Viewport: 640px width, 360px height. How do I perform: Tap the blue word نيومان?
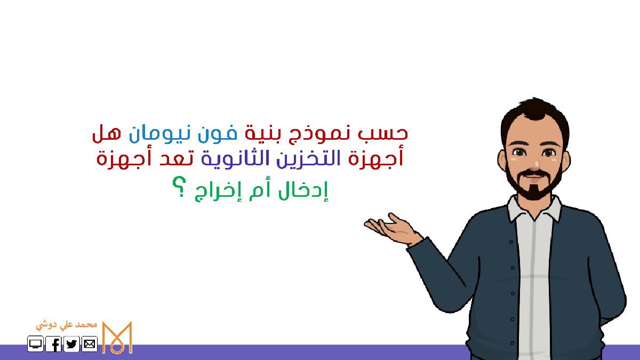pyautogui.click(x=159, y=134)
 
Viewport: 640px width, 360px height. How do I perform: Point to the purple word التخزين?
pyautogui.click(x=309, y=159)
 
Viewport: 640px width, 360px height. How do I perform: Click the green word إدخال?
pyautogui.click(x=303, y=191)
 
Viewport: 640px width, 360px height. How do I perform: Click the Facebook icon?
pyautogui.click(x=53, y=344)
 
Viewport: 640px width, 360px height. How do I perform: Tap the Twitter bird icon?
pyautogui.click(x=71, y=344)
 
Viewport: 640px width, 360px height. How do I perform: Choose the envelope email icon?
pyautogui.click(x=90, y=344)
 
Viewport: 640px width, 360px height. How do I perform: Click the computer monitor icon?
pyautogui.click(x=35, y=344)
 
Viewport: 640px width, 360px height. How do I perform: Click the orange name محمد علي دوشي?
pyautogui.click(x=67, y=325)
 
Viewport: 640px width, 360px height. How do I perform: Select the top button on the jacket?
pyautogui.click(x=511, y=242)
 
